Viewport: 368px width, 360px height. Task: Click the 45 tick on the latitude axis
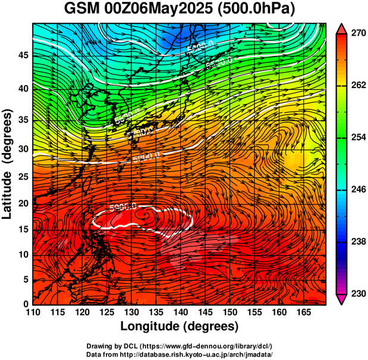[x=23, y=55]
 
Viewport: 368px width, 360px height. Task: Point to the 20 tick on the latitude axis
[x=23, y=204]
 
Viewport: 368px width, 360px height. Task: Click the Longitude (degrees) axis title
[x=180, y=327]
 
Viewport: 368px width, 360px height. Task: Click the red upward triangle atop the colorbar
[x=342, y=28]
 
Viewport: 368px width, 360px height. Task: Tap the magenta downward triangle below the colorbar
[x=342, y=299]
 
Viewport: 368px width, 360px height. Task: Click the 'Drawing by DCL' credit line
[x=180, y=346]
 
